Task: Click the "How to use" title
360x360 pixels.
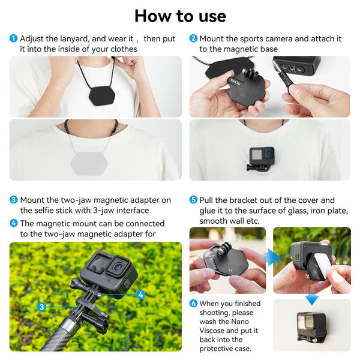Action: click(180, 15)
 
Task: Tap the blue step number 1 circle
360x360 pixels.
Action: click(13, 38)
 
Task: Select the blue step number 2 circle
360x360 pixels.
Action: click(193, 38)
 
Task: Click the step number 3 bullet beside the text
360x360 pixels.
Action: click(13, 200)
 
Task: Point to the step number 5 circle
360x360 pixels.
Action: click(193, 200)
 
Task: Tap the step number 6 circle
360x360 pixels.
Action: click(193, 304)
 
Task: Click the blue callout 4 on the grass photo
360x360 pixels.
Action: click(140, 295)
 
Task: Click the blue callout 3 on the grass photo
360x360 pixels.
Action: click(41, 307)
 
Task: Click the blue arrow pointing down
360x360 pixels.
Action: click(311, 298)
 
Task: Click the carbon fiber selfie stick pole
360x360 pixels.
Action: click(36, 336)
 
